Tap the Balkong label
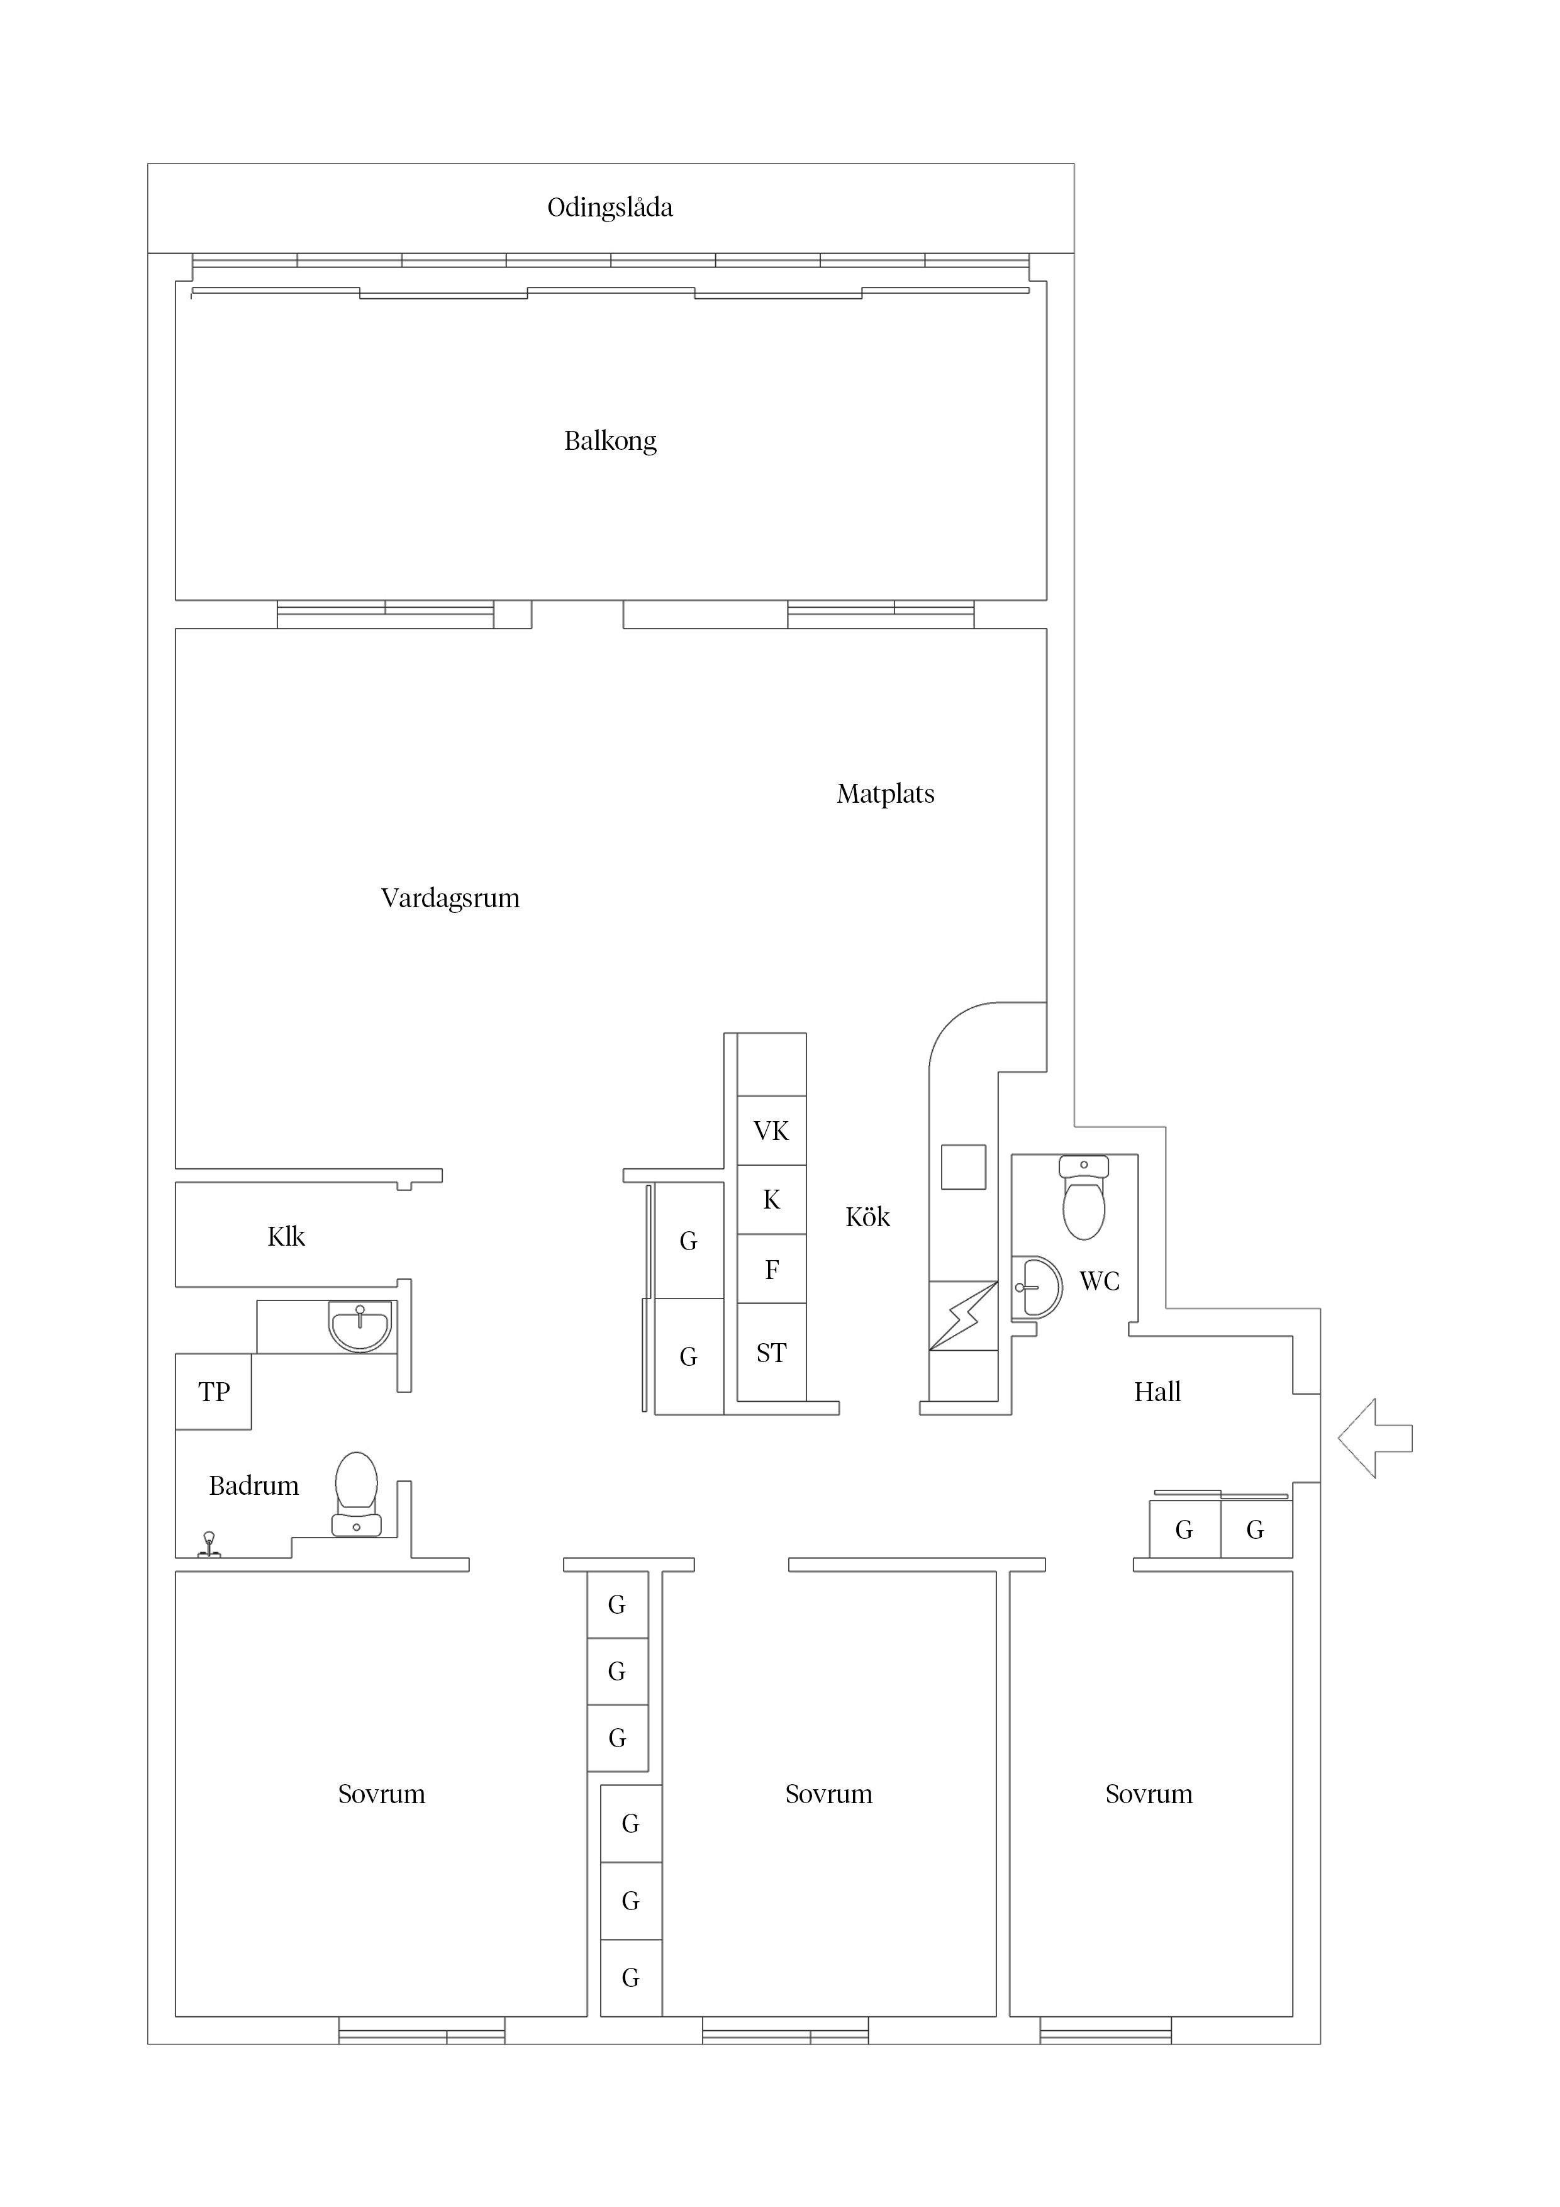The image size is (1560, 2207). [x=610, y=441]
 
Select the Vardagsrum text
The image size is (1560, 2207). [x=450, y=899]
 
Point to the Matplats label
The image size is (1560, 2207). [x=885, y=794]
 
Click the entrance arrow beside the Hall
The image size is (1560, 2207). [x=1376, y=1438]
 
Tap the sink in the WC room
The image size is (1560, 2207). [x=1038, y=1287]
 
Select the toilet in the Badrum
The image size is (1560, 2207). [x=357, y=1495]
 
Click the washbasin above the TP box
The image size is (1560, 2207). [x=360, y=1326]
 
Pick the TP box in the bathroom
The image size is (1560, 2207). [x=213, y=1392]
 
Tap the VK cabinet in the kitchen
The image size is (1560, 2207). [x=772, y=1131]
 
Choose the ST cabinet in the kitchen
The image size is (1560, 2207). [x=772, y=1353]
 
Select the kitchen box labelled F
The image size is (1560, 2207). [x=772, y=1269]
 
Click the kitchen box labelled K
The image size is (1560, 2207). [x=772, y=1200]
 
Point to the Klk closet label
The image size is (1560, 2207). [x=286, y=1237]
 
